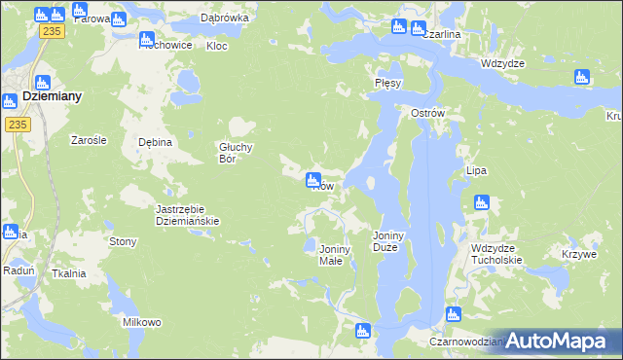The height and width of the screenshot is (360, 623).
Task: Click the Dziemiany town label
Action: click(52, 97)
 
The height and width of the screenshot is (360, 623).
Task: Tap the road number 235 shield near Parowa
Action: click(52, 32)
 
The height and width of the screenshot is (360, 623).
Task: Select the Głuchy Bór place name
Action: click(236, 153)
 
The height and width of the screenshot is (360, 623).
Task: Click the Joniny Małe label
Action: click(336, 255)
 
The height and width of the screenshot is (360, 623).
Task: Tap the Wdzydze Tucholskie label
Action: click(496, 254)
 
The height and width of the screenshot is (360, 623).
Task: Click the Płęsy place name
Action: click(387, 84)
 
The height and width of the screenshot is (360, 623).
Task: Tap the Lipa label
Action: click(476, 170)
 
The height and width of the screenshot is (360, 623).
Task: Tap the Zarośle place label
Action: click(89, 140)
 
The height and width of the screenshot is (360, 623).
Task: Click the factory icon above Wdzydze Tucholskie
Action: click(480, 202)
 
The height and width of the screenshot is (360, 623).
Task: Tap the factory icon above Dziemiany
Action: click(43, 83)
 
